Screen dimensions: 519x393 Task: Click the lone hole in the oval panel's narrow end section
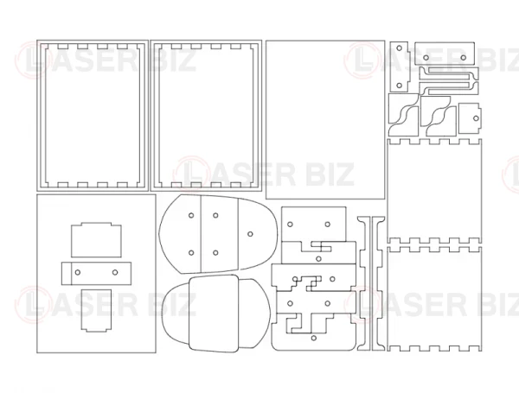250,234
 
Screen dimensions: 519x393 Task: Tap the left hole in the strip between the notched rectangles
78,272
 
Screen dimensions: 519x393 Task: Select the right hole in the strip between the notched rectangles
115,272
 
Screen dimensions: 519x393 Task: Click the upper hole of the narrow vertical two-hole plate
399,48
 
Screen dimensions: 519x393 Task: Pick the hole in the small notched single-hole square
476,118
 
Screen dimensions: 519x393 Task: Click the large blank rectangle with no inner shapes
325,120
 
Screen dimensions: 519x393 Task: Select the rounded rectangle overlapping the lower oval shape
214,313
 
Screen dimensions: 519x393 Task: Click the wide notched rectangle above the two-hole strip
96,239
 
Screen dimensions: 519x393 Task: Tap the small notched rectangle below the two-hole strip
96,310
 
